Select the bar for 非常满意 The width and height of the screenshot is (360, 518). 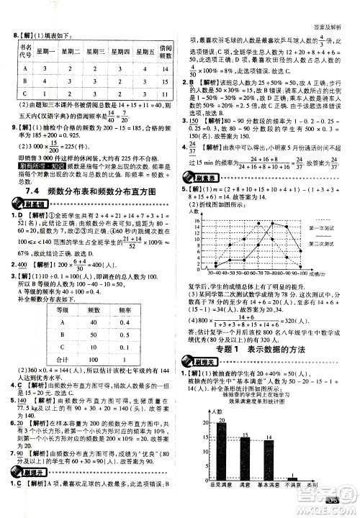(x=221, y=451)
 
